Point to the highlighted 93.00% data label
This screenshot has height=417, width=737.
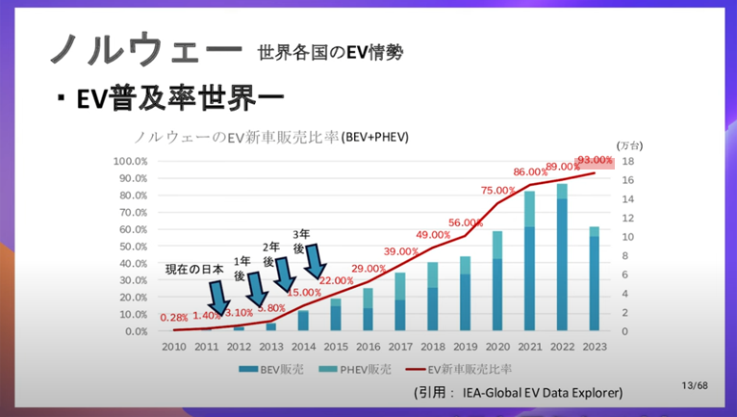(x=594, y=160)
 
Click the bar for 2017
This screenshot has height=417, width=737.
(x=399, y=302)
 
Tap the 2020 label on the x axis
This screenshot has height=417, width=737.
(x=497, y=347)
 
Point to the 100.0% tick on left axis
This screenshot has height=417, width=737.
(x=130, y=161)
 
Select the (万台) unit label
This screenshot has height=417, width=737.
(x=629, y=143)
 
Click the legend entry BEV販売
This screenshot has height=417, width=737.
(x=285, y=369)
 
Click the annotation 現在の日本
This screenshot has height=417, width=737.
(x=194, y=269)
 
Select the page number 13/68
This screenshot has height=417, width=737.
(x=695, y=385)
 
